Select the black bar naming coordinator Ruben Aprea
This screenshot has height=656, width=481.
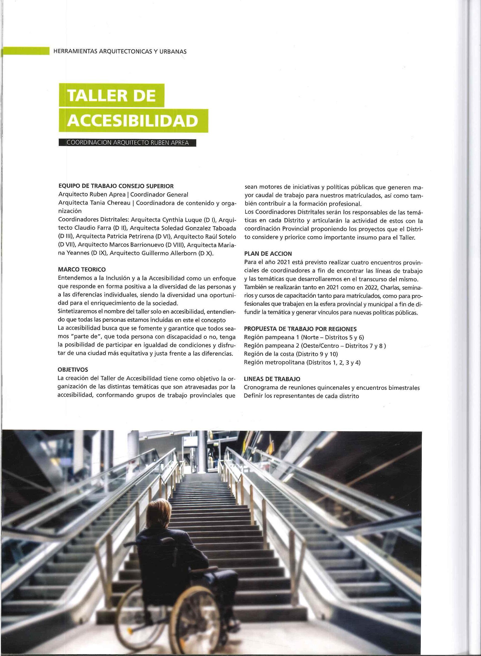click(x=127, y=143)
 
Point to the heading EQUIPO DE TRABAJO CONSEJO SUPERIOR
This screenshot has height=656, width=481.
click(x=116, y=186)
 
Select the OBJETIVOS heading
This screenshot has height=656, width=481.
click(x=73, y=370)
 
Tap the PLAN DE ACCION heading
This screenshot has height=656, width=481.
click(x=268, y=254)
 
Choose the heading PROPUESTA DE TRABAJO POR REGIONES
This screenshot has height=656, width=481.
click(x=300, y=329)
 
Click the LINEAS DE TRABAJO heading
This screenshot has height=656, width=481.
click(x=272, y=379)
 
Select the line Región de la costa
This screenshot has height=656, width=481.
click(x=291, y=354)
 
